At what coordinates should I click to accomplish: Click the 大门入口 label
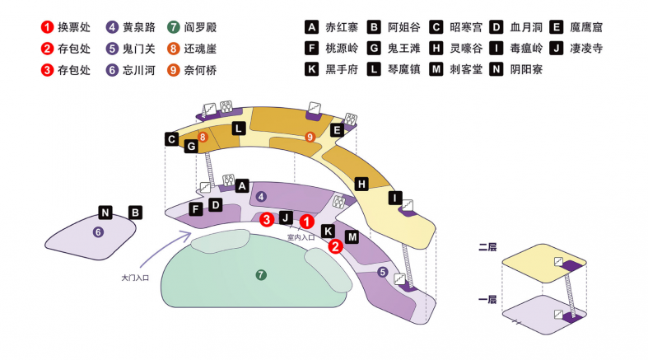(x=134, y=278)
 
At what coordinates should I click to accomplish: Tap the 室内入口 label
(x=301, y=237)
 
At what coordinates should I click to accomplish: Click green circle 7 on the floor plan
(x=261, y=274)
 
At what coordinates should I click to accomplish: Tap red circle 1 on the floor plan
(x=305, y=221)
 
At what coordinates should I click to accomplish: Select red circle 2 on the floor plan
(x=335, y=245)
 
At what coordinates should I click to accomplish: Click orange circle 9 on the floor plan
(x=310, y=137)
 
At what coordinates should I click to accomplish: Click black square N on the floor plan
(x=105, y=212)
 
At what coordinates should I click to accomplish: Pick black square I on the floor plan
(x=395, y=198)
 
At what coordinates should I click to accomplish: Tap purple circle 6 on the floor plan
(x=98, y=232)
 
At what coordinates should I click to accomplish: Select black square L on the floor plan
(x=238, y=128)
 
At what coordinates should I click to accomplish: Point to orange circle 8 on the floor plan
(x=202, y=136)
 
